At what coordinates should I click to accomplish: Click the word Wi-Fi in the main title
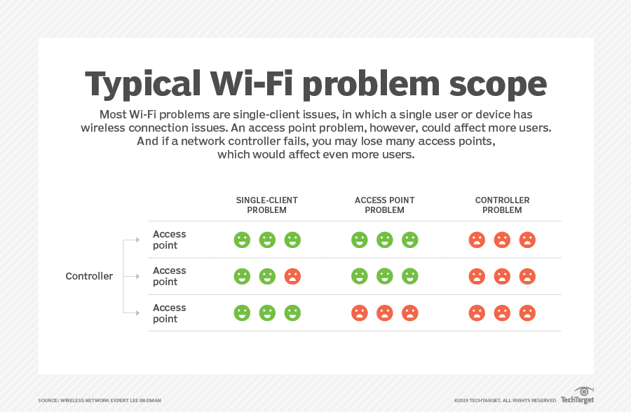[252, 83]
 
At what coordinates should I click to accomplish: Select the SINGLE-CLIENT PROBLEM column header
[267, 205]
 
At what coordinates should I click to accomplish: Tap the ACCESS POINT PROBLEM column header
[384, 205]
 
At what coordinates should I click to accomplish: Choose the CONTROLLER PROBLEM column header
[502, 205]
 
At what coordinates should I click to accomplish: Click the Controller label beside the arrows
[89, 276]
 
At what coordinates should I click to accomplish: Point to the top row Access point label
[169, 240]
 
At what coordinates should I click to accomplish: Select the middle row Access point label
[169, 276]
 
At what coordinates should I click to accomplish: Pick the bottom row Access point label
[169, 313]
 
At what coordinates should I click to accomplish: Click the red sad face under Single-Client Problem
[292, 276]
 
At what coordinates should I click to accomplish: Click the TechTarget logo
[578, 395]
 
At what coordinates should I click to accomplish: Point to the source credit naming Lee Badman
[100, 400]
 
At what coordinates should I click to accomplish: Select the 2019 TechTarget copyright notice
[505, 400]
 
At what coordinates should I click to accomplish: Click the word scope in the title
[498, 85]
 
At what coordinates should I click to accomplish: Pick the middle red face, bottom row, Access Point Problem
[385, 313]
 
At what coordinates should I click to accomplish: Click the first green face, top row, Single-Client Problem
[242, 240]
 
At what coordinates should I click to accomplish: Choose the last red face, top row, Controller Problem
[527, 240]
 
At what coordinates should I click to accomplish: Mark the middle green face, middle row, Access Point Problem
[385, 276]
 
